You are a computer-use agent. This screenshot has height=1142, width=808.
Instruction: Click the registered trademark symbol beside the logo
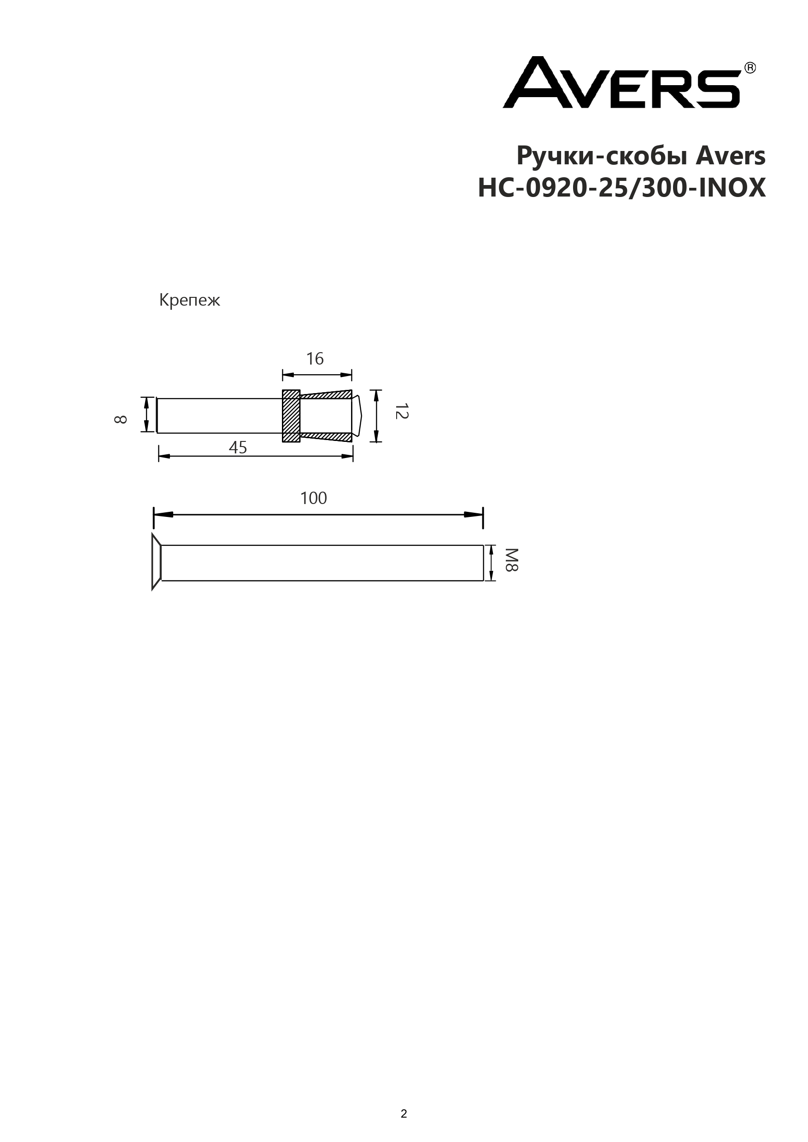[750, 68]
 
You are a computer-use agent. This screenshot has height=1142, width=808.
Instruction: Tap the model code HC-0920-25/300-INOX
[622, 188]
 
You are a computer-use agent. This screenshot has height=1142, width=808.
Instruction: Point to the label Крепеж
[189, 300]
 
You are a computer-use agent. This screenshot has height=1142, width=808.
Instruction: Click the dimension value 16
[315, 359]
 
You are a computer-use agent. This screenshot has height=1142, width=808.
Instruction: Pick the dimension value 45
[238, 448]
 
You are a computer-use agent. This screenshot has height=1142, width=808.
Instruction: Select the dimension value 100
[314, 498]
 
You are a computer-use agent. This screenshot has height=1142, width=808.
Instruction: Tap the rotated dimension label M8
[512, 560]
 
